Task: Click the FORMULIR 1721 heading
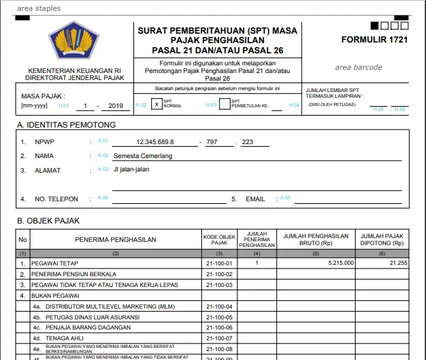(x=374, y=39)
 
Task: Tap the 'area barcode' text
(x=359, y=67)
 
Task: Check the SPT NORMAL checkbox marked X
(x=156, y=104)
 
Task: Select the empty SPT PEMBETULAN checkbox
(x=224, y=104)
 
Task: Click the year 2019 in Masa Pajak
(x=116, y=106)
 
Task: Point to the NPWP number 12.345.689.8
(x=155, y=142)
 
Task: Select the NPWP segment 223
(x=247, y=142)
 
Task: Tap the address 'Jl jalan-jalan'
(x=132, y=170)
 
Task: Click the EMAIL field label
(x=255, y=199)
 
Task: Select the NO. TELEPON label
(x=57, y=199)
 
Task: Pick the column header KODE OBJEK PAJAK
(x=219, y=239)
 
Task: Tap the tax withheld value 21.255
(x=398, y=263)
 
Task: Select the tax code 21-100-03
(x=219, y=284)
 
